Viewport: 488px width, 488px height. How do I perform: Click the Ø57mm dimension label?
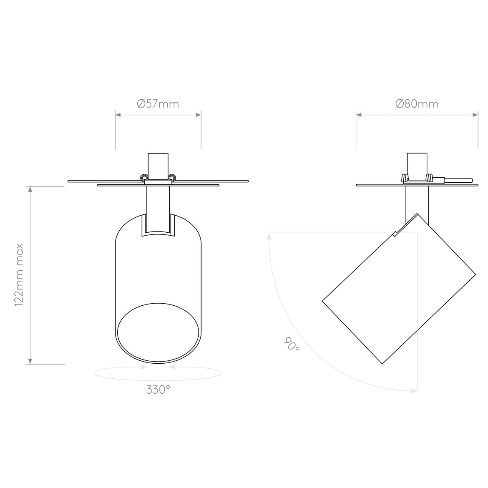158,103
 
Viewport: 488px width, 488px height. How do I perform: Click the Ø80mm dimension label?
417,103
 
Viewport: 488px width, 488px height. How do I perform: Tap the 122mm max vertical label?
20,275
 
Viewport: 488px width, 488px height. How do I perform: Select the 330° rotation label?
158,390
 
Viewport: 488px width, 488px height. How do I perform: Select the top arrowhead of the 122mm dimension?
30,190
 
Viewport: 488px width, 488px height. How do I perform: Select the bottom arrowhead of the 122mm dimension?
30,361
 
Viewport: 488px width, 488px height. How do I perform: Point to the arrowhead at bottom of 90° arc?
414,391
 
